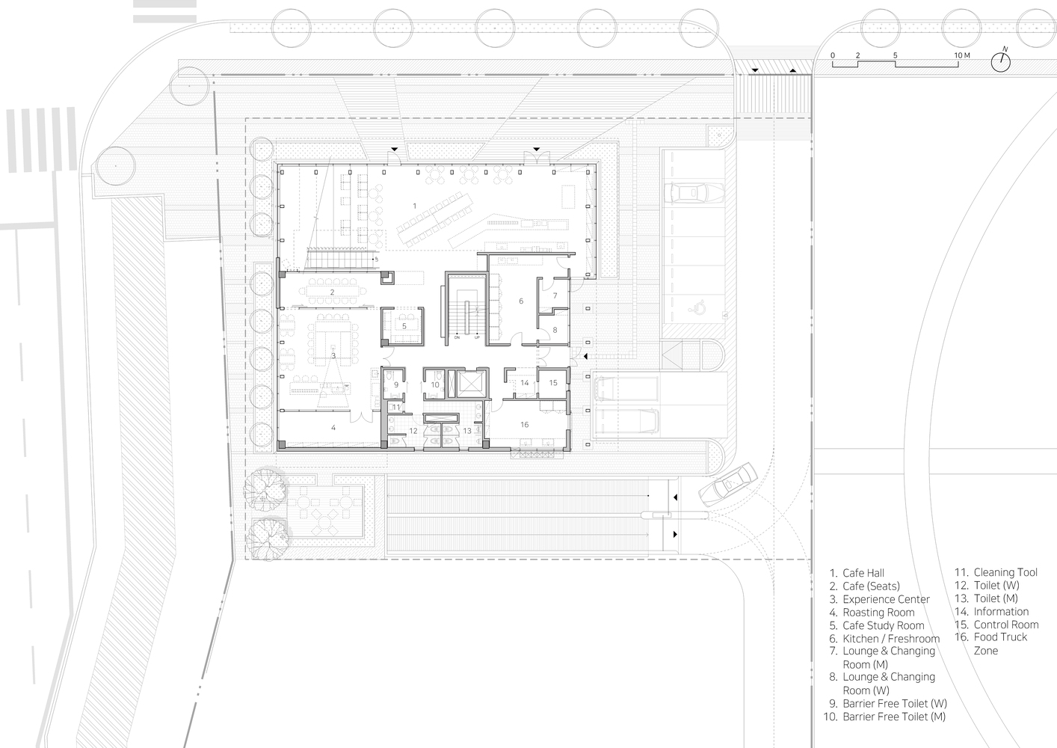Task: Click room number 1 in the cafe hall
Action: (414, 205)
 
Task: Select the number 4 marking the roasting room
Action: (333, 428)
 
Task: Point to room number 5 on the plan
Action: (404, 326)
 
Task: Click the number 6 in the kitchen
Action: (520, 301)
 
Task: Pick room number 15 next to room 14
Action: (553, 383)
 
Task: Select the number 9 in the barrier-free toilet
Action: (396, 385)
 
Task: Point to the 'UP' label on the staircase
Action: (477, 338)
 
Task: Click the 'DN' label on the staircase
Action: (457, 338)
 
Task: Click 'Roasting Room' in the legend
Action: (878, 613)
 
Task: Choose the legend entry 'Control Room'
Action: (1005, 625)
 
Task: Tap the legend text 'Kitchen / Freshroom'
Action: (890, 639)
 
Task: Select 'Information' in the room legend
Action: (1001, 612)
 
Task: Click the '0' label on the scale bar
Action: (833, 56)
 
